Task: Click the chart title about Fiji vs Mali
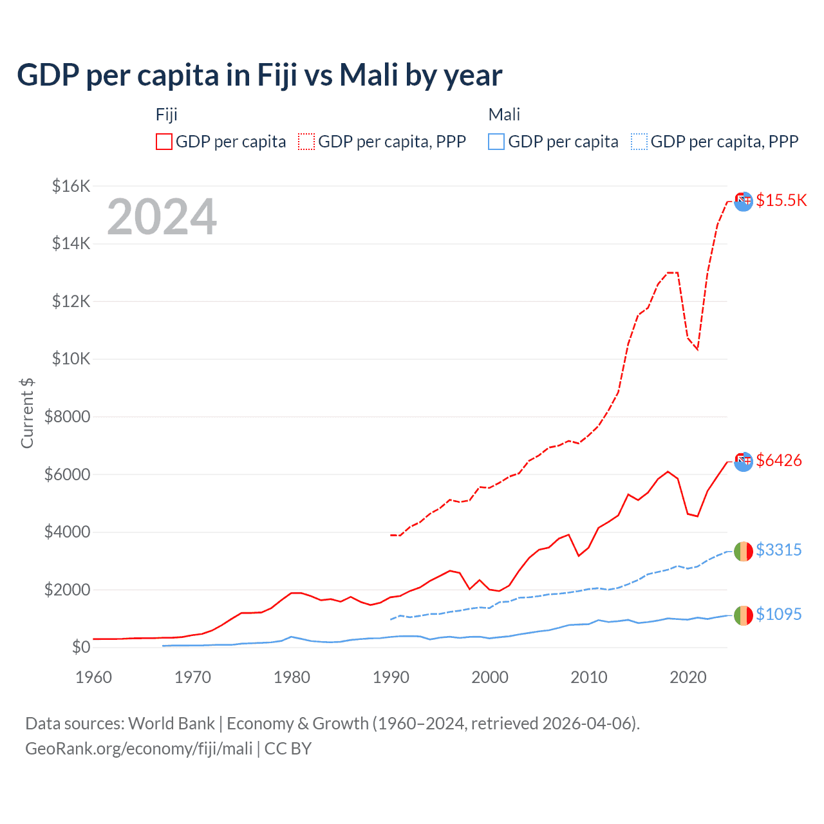coord(259,75)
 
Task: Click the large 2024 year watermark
coord(162,217)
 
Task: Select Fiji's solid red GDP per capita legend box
coord(164,142)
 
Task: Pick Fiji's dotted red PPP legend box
coord(306,142)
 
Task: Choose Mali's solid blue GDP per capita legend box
coord(496,142)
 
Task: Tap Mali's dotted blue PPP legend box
coord(639,142)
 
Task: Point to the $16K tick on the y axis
coord(71,186)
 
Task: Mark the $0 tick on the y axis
coord(80,647)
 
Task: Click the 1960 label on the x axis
coord(94,677)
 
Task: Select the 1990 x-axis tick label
coord(391,677)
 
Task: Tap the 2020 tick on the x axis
coord(688,677)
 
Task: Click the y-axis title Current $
coord(27,413)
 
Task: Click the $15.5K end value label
coord(781,200)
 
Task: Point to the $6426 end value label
coord(779,460)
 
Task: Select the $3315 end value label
coord(779,550)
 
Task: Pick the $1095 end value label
coord(779,614)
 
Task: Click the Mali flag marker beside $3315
coord(743,551)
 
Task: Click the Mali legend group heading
coord(504,115)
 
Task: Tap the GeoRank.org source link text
coord(139,749)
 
